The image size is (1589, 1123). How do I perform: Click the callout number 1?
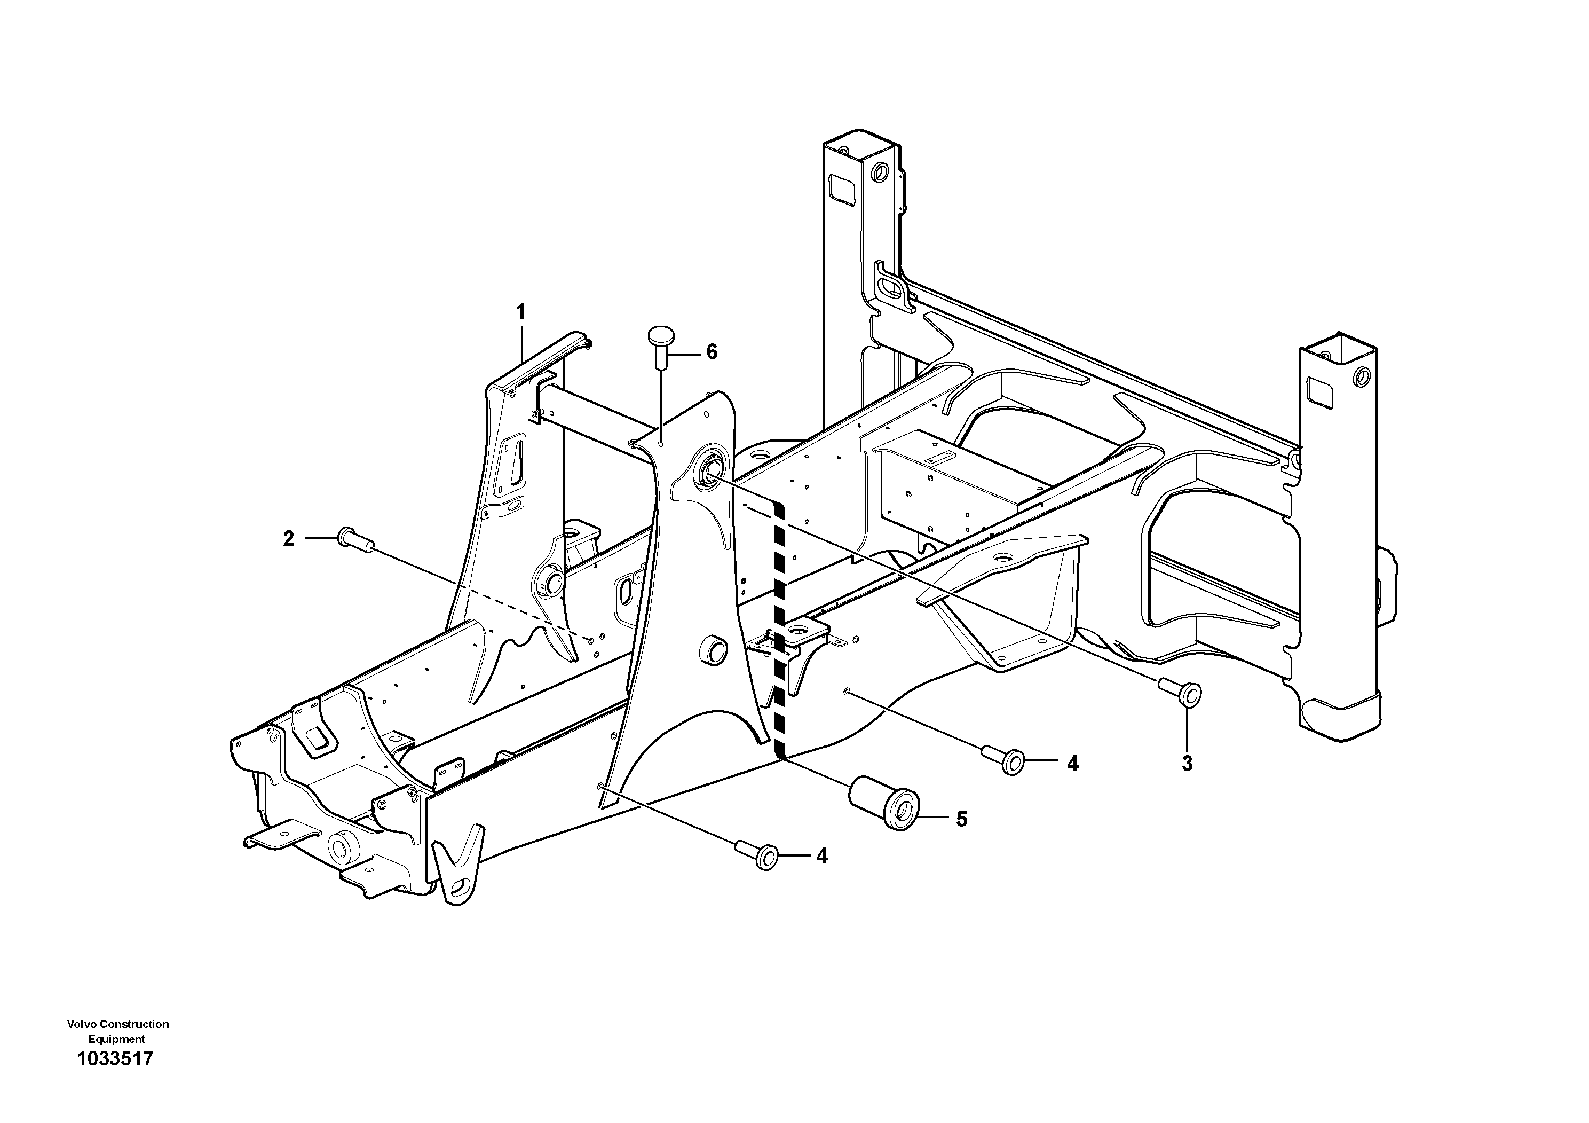click(521, 311)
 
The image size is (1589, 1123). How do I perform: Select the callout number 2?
click(289, 539)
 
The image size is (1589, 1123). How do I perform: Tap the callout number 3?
click(1187, 764)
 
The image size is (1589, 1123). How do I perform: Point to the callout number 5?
click(961, 819)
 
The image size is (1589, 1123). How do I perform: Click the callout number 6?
click(712, 352)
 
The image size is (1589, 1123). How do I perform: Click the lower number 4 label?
click(821, 857)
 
